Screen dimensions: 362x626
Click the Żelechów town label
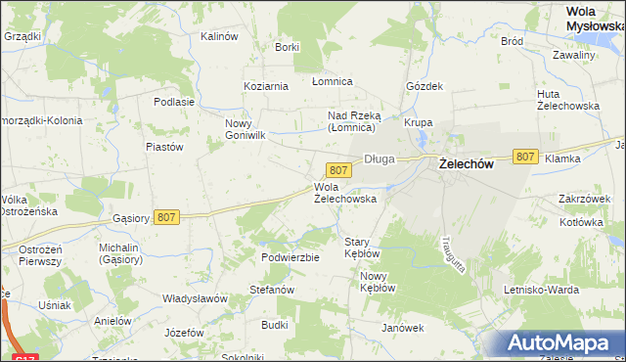pos(465,165)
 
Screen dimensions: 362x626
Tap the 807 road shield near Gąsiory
pos(166,217)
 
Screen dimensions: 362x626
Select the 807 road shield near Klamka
pos(525,157)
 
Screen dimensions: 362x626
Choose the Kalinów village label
pos(219,36)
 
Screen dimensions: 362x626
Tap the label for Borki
pos(287,47)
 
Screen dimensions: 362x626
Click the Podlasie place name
pos(174,101)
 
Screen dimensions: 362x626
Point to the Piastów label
pos(164,147)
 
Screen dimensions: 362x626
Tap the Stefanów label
pos(272,290)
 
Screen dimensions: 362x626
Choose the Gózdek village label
pos(425,86)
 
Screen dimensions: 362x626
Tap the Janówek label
pos(402,328)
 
